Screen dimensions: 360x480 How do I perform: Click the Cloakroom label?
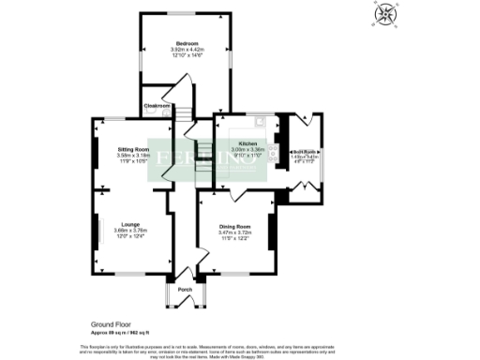(x=156, y=107)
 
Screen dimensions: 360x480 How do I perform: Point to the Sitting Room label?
(x=133, y=149)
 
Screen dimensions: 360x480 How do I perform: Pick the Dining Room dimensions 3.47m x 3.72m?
(x=234, y=232)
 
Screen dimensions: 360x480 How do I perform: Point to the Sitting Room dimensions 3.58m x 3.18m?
(x=133, y=155)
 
